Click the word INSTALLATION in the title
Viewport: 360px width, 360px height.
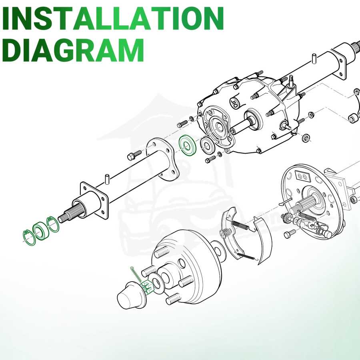[112, 18]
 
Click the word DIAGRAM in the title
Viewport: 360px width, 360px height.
[73, 50]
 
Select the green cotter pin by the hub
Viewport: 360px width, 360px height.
[136, 274]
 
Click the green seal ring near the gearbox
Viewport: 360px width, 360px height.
[188, 146]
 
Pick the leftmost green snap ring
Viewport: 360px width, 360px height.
[29, 237]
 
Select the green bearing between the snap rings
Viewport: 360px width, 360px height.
[41, 231]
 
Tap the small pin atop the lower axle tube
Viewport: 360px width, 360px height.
[107, 179]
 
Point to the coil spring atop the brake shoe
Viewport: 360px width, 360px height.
[240, 225]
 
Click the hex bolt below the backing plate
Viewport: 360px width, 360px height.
[290, 234]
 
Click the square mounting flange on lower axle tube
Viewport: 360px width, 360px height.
[94, 200]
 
